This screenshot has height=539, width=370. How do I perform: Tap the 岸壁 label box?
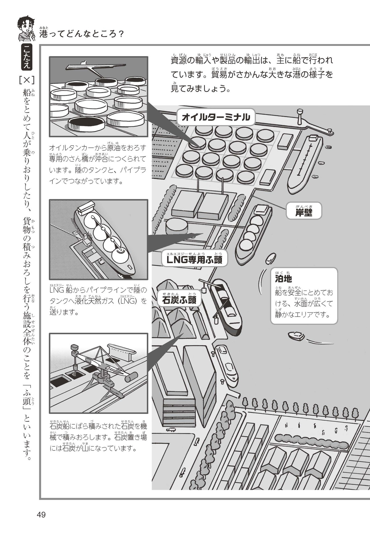(x=304, y=212)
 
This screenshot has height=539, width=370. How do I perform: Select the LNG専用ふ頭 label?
(x=195, y=260)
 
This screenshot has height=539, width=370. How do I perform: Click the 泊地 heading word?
(x=283, y=279)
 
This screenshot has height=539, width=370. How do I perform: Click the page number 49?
(x=41, y=515)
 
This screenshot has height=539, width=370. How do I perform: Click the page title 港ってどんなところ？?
(x=82, y=34)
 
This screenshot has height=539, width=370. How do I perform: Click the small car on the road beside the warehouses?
(x=171, y=430)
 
